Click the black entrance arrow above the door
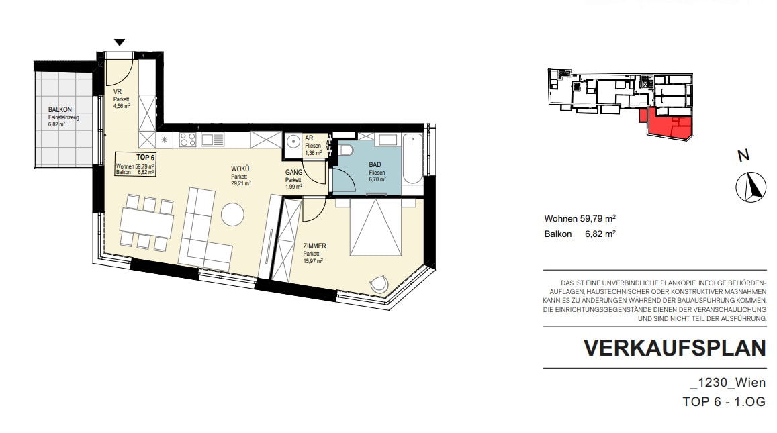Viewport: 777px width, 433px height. tap(120, 42)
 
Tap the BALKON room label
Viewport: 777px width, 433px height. tap(60, 109)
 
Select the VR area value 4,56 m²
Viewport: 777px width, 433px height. tap(122, 105)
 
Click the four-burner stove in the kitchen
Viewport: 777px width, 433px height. tap(188, 140)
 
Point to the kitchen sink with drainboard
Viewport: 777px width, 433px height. tap(213, 140)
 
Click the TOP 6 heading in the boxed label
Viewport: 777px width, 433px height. tap(146, 158)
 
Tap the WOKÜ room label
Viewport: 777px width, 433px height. tap(240, 169)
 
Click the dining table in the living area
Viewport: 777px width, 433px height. tap(146, 222)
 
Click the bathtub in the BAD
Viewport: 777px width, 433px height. tap(412, 158)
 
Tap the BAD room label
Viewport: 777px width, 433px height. tap(375, 165)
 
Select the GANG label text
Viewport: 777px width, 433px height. tap(294, 173)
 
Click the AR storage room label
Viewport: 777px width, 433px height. tap(309, 139)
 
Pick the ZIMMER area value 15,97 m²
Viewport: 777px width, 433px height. tap(313, 260)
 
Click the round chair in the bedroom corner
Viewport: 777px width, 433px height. tap(379, 285)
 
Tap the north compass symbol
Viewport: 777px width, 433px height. tap(751, 187)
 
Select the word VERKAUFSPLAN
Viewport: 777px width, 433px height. tap(675, 348)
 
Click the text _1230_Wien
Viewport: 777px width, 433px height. tap(728, 383)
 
